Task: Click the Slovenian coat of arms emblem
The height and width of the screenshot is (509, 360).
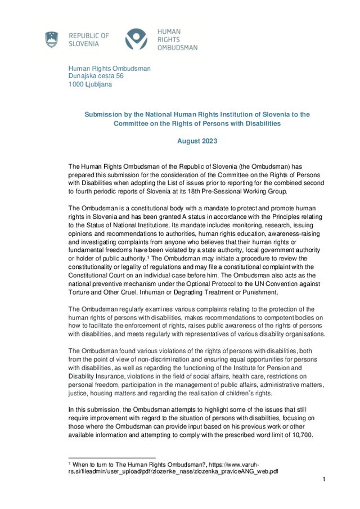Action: [52, 39]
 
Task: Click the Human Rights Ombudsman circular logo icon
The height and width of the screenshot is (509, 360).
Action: [136, 39]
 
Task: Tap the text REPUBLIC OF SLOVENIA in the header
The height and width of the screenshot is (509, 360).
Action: [89, 39]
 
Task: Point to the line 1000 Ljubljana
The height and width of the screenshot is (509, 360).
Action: [90, 84]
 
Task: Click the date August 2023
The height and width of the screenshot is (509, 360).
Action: [197, 141]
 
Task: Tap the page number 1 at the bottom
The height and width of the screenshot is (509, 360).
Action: [325, 479]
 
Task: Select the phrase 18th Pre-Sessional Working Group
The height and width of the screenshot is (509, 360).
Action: [237, 192]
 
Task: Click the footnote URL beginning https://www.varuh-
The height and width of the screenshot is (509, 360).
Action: [236, 464]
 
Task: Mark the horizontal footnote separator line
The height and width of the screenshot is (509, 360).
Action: [111, 458]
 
